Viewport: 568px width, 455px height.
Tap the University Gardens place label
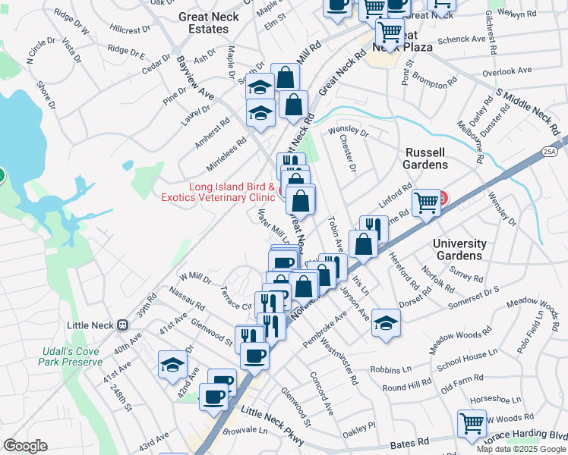click(459, 249)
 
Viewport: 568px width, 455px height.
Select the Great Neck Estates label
click(203, 23)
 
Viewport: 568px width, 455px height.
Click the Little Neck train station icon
click(121, 325)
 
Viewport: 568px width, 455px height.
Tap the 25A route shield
click(550, 152)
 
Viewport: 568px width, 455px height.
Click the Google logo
click(25, 446)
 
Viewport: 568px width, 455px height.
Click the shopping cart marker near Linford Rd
click(427, 202)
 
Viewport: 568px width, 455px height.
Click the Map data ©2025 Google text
click(521, 449)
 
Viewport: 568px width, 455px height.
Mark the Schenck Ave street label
click(462, 39)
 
